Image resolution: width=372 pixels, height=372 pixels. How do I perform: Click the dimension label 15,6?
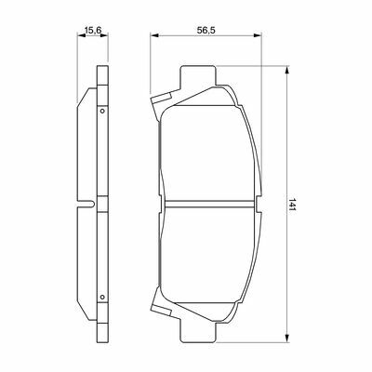click(x=93, y=30)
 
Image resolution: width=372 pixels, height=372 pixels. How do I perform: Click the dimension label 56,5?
click(x=206, y=30)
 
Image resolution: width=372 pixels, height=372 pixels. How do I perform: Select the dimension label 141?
click(x=292, y=205)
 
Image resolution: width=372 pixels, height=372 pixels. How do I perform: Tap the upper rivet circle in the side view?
click(x=102, y=111)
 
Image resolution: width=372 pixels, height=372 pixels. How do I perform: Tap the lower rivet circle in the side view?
click(x=102, y=297)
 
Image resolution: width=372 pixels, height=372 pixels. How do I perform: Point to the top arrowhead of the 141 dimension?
click(x=287, y=70)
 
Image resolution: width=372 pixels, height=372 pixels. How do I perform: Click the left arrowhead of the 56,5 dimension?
click(x=154, y=35)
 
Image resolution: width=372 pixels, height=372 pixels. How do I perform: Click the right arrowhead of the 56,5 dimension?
click(x=258, y=35)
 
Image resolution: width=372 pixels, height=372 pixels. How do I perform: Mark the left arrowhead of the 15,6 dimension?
click(x=81, y=35)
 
